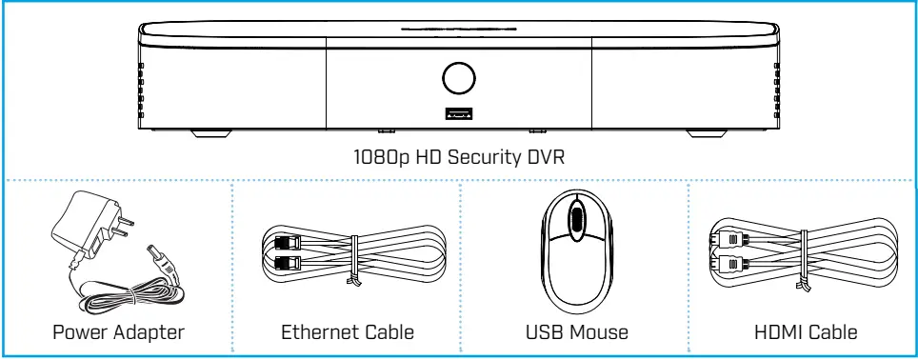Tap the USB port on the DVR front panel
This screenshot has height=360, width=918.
(x=458, y=114)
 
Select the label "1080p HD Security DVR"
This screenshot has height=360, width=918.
(x=458, y=158)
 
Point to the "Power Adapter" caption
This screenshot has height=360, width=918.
(x=117, y=333)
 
